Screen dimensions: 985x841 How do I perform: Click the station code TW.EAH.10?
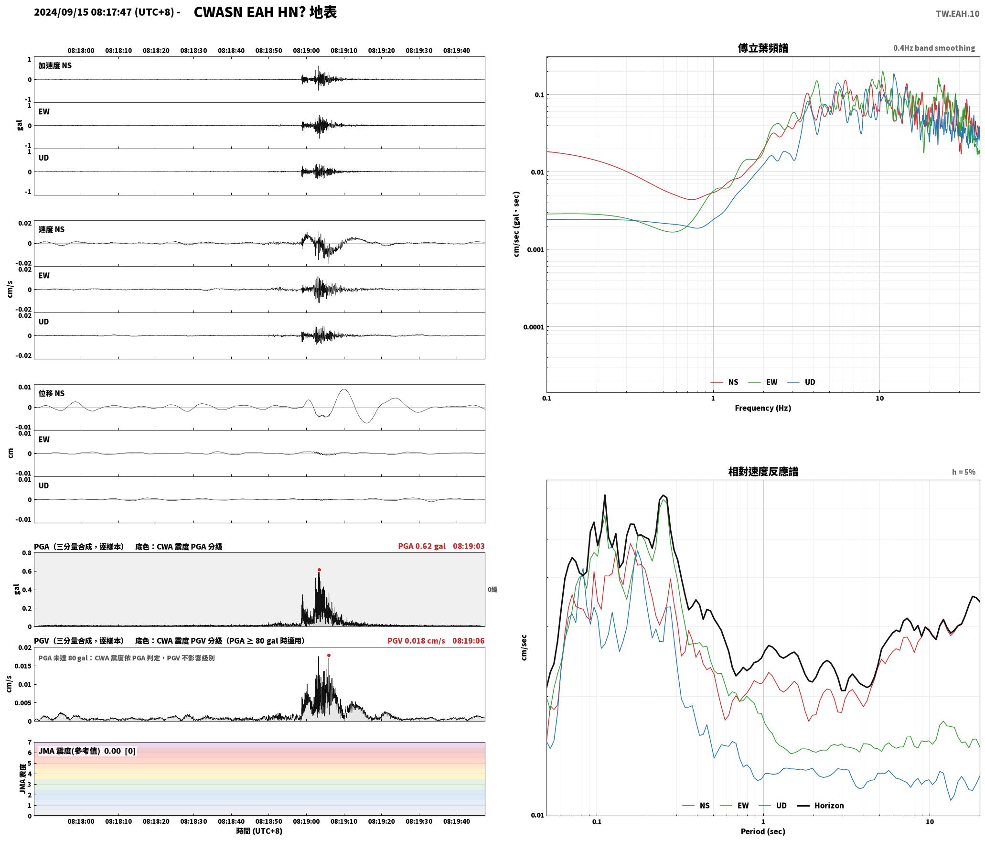point(957,14)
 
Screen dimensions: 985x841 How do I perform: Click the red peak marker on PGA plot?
point(319,570)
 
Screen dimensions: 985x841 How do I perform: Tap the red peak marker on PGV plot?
point(329,655)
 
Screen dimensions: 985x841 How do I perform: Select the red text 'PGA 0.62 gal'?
point(422,546)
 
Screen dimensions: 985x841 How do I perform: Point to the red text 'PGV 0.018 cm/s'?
point(416,641)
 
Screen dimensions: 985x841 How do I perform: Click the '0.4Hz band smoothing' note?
point(934,48)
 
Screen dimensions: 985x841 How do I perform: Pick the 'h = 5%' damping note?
point(964,472)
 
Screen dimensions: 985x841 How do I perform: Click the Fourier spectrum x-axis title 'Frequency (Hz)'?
point(763,408)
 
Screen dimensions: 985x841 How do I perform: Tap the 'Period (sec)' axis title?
point(763,831)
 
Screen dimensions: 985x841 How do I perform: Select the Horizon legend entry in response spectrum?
point(820,806)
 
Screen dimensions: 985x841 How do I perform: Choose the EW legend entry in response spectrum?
point(734,806)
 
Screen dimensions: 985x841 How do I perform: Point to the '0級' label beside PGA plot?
point(492,590)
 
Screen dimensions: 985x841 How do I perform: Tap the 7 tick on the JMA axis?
point(30,743)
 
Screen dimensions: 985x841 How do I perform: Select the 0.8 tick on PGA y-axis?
point(27,553)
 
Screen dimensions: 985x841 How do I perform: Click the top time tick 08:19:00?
point(306,51)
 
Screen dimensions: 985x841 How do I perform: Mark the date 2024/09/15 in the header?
point(61,12)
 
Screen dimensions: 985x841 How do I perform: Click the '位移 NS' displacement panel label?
point(52,394)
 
